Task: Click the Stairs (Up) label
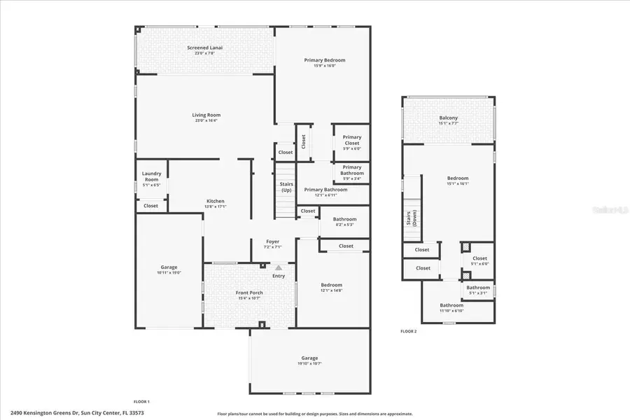coord(286,187)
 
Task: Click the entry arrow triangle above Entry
coord(279,267)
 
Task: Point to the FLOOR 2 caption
coord(408,331)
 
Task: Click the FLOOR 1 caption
coord(141,401)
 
